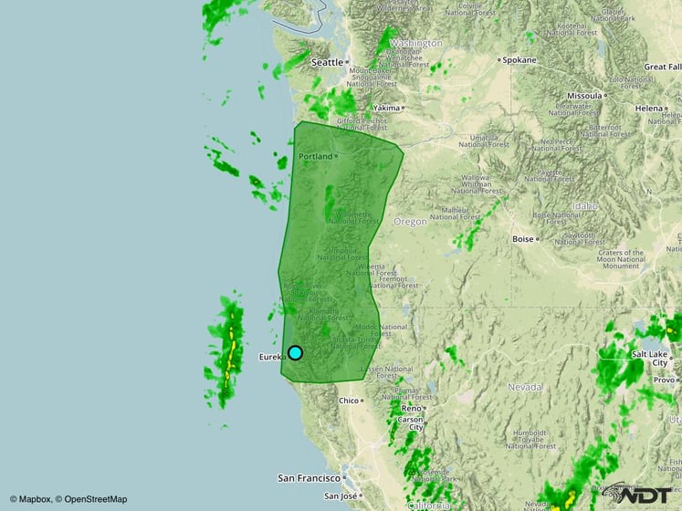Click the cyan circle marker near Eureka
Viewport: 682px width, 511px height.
pos(295,353)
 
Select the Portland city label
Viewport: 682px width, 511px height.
pos(316,156)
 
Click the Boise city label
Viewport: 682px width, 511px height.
pos(523,239)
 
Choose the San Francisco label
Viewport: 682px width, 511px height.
pos(310,477)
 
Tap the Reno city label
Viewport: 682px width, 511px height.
pos(411,408)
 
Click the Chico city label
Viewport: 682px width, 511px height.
pos(349,401)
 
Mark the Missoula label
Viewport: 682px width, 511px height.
pos(584,95)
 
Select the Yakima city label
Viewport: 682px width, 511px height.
pos(387,108)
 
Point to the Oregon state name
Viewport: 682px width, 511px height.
pos(410,222)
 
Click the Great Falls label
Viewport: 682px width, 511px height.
pos(662,67)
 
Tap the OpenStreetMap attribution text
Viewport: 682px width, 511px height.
pos(91,499)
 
